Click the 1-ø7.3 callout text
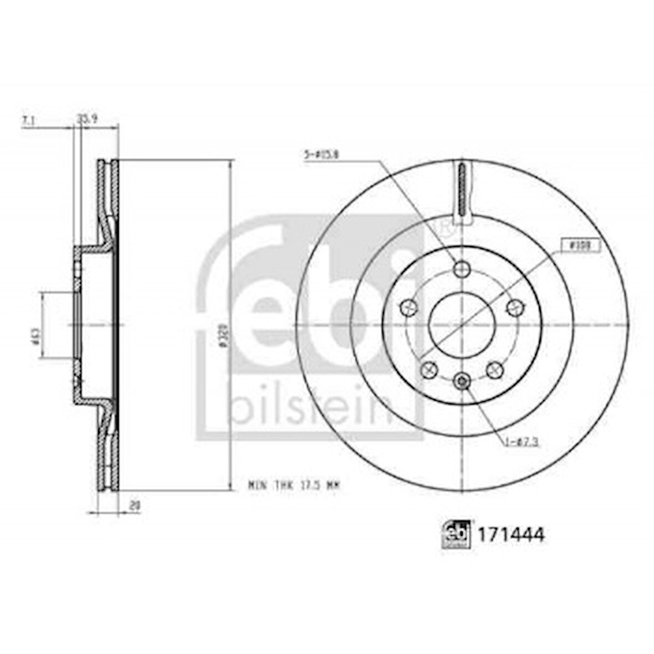point(521,441)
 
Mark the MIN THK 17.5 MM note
point(293,485)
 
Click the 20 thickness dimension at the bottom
point(134,505)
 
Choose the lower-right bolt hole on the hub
point(494,369)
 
